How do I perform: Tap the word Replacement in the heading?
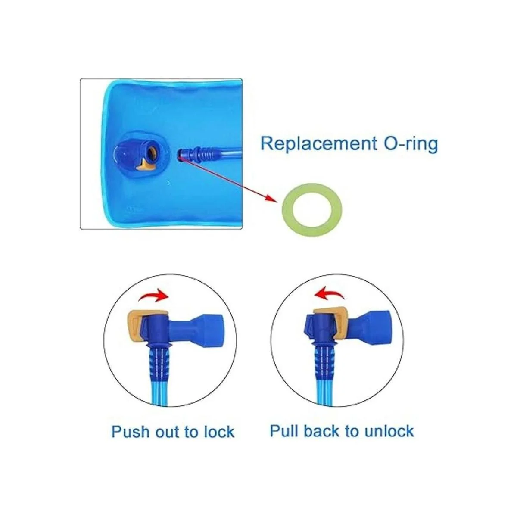pos(319,144)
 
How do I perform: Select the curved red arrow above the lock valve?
pos(153,294)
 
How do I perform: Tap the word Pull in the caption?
pos(284,431)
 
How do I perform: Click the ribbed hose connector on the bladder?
pos(199,155)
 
